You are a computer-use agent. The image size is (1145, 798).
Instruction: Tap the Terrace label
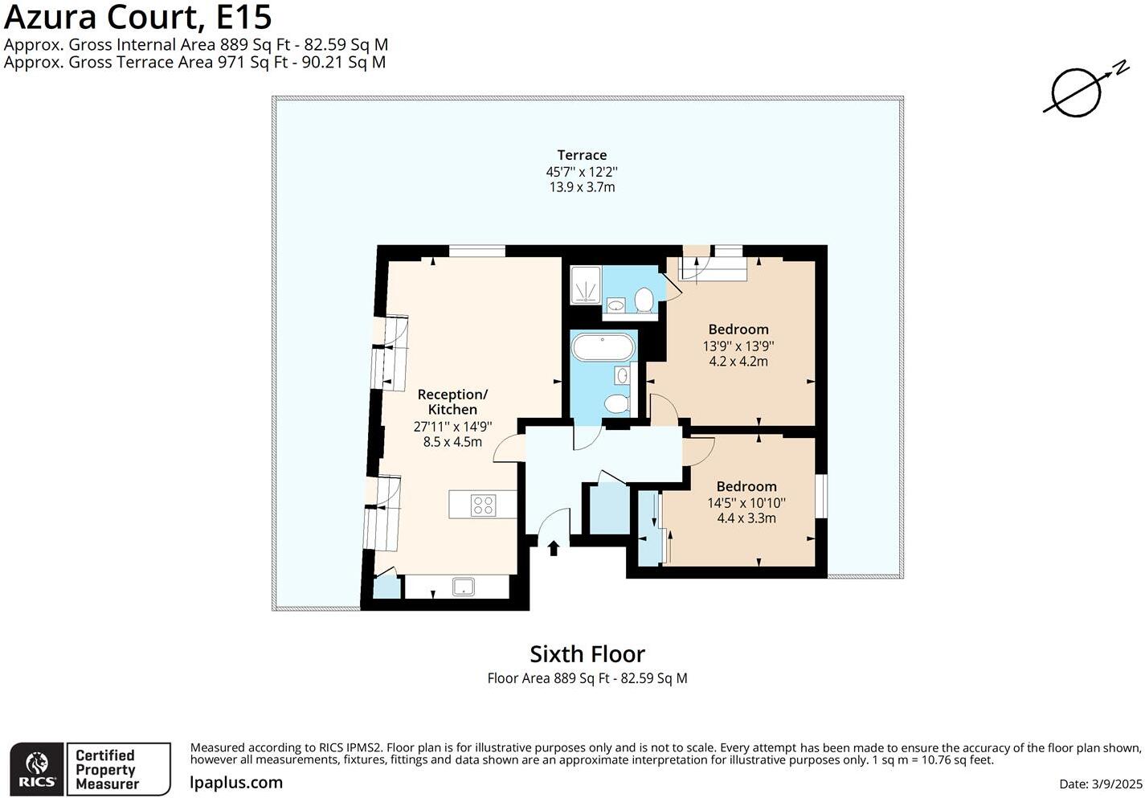tap(582, 155)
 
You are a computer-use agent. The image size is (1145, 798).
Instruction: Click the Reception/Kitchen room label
tap(452, 402)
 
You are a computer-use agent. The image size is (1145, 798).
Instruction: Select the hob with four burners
tap(483, 505)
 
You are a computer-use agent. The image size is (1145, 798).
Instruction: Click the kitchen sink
tap(464, 587)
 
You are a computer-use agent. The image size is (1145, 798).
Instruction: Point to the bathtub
tap(603, 349)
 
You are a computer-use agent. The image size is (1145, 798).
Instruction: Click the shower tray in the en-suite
tap(585, 285)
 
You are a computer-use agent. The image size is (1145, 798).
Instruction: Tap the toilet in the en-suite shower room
tap(643, 300)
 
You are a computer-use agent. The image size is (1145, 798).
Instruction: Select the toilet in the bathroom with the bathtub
tap(617, 403)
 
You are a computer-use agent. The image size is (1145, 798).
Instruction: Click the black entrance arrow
tap(553, 548)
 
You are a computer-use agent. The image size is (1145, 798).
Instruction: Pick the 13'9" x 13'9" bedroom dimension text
tap(738, 346)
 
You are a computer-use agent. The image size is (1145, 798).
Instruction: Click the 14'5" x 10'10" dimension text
tap(746, 503)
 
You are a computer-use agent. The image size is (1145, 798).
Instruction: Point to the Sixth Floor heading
tap(587, 653)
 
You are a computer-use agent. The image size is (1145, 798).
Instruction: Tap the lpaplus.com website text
tap(236, 782)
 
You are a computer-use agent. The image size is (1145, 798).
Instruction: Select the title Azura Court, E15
tap(137, 16)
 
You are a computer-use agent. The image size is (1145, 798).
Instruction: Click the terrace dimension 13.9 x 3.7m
tap(581, 187)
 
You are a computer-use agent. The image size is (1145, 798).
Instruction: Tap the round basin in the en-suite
tap(615, 305)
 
